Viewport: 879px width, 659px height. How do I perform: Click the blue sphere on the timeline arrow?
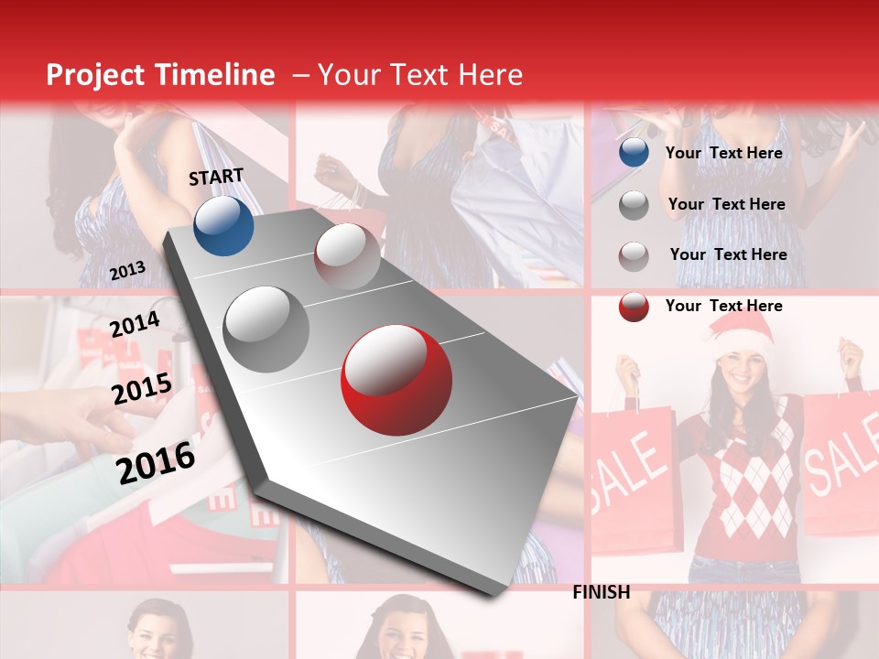point(223,225)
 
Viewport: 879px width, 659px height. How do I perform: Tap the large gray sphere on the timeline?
point(266,329)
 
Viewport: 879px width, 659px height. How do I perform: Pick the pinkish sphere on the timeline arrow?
point(347,255)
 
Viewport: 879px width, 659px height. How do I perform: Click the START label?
point(216,177)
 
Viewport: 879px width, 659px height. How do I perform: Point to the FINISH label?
point(601,592)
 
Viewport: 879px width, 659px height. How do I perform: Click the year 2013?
point(127,271)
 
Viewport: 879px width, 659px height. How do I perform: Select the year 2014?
point(135,324)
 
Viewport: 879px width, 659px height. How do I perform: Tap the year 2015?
point(142,389)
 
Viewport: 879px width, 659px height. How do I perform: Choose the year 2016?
point(156,462)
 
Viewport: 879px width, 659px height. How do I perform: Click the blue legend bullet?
point(633,153)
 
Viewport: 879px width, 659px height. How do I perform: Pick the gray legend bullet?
point(633,204)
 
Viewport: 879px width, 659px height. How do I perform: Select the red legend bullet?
point(633,306)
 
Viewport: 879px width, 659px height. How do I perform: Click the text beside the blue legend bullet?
point(723,153)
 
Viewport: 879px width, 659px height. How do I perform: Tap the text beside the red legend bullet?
point(723,306)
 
